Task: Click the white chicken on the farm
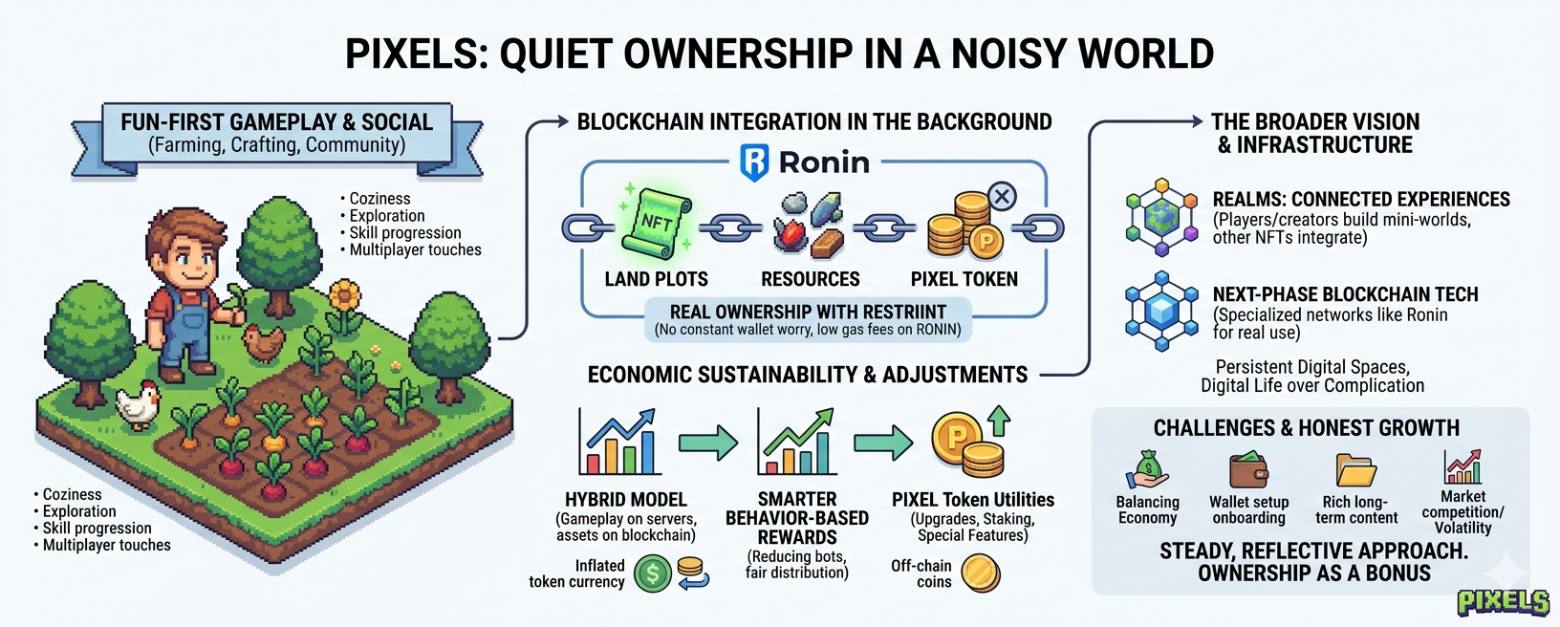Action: coord(138,404)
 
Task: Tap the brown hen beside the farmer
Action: coord(263,341)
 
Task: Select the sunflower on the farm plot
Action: coord(344,297)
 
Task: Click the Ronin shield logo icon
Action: coord(754,162)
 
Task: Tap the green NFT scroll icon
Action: coord(656,223)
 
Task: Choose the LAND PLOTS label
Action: coord(656,279)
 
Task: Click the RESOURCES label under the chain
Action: coord(810,279)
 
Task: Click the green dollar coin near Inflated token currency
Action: coord(653,573)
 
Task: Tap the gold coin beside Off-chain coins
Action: coord(980,573)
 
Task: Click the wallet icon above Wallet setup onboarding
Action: coord(1248,470)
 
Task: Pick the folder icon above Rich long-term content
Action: coord(1355,470)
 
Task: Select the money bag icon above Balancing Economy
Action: coord(1148,469)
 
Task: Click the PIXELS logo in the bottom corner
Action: coord(1503,601)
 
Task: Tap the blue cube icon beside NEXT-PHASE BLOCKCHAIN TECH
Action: coord(1161,312)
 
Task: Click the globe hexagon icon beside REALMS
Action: coord(1161,216)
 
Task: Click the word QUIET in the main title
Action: coord(558,54)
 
